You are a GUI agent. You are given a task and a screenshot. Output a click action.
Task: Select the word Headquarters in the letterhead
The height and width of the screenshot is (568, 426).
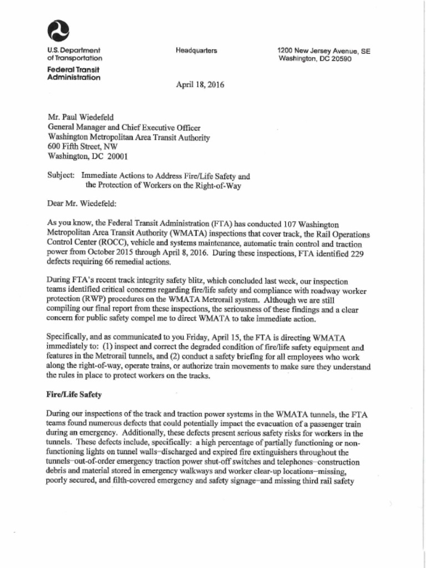[x=196, y=50]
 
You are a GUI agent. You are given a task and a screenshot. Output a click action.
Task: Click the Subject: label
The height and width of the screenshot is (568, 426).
[x=61, y=176]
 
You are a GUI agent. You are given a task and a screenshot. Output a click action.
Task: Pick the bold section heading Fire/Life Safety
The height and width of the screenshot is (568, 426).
[x=74, y=395]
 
